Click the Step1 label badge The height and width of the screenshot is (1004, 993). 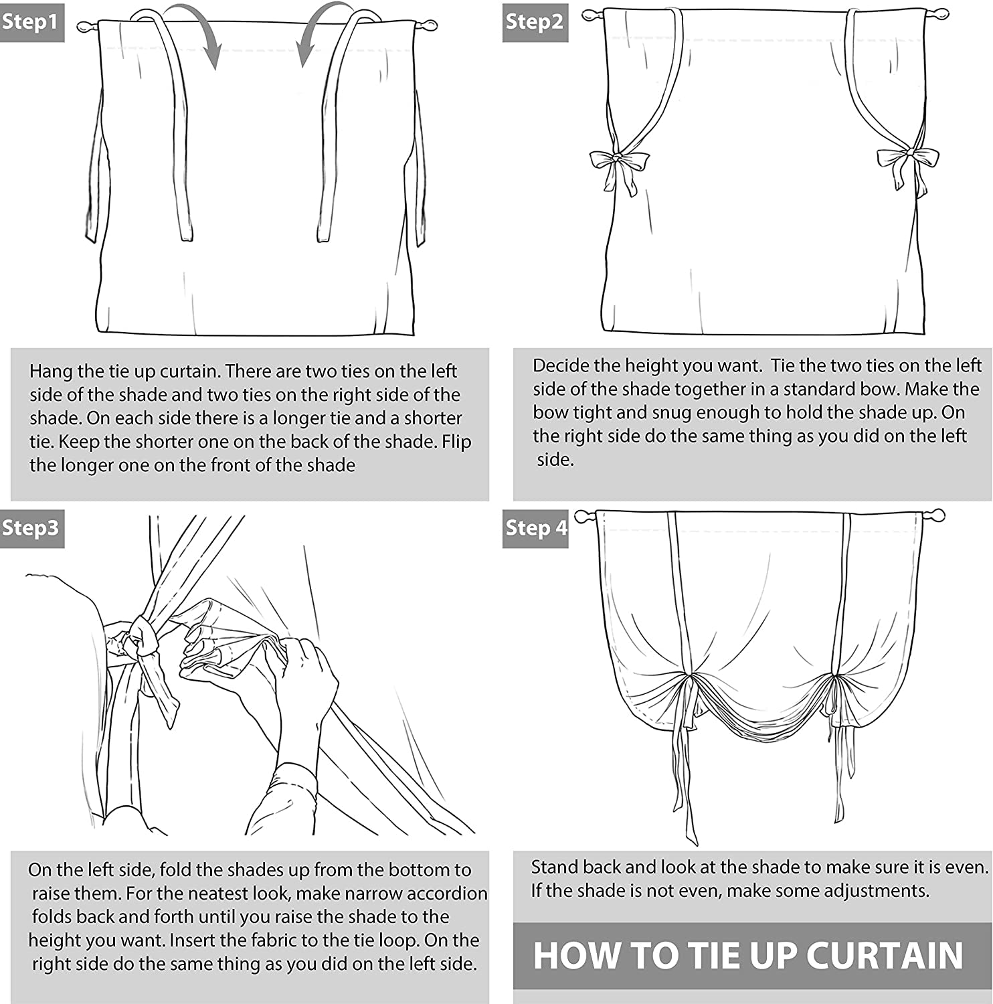click(x=31, y=22)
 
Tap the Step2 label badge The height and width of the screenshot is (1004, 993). click(x=535, y=22)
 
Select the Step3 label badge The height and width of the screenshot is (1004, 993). click(x=31, y=528)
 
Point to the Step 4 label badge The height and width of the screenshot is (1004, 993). click(x=535, y=528)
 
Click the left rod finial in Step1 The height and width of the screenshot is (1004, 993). click(x=88, y=27)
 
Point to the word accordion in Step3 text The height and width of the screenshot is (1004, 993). click(x=447, y=894)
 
